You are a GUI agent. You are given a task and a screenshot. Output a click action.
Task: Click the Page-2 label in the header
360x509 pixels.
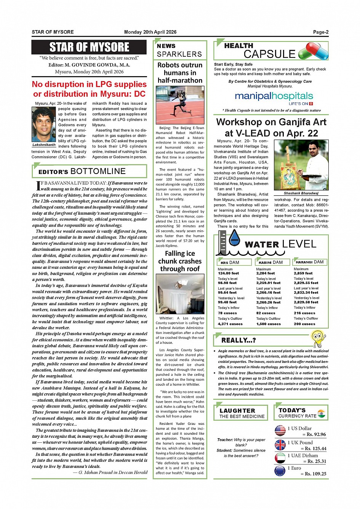pos(320,32)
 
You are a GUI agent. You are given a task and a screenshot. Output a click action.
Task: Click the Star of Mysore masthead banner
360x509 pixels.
pos(89,47)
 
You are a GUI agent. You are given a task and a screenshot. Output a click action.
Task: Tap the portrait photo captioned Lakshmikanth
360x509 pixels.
pos(44,124)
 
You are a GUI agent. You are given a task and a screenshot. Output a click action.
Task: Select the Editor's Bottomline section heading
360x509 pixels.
pos(90,171)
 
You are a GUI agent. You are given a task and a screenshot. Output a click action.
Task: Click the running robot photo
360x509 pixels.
pos(180,105)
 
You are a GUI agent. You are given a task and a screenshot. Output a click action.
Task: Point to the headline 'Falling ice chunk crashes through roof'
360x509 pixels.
pos(180,261)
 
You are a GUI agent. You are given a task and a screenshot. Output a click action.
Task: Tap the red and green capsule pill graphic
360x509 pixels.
pos(313,51)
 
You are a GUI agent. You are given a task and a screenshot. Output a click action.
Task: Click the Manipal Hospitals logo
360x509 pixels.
pos(274,97)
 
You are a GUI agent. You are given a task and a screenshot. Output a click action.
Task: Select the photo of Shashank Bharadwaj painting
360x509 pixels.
pos(301,165)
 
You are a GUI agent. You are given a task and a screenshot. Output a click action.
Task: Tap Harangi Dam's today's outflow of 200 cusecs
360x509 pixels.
pos(304,324)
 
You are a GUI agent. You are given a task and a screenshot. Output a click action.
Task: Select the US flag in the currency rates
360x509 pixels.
pos(280,431)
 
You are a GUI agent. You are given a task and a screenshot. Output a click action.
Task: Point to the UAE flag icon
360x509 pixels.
pos(280,458)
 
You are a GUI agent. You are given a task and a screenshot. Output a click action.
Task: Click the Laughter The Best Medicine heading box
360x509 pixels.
pos(242,413)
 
